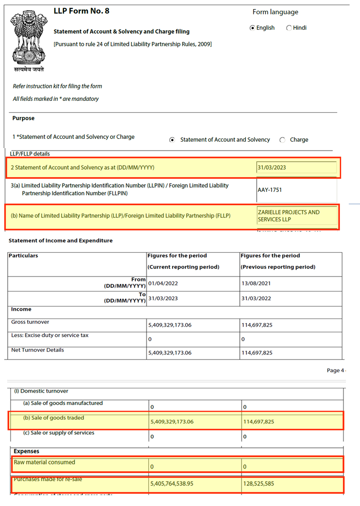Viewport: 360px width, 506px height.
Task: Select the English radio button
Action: click(x=252, y=28)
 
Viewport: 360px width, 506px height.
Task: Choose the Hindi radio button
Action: click(x=289, y=28)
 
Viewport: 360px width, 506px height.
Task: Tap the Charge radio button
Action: click(x=282, y=140)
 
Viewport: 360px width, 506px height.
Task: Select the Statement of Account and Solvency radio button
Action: click(x=172, y=140)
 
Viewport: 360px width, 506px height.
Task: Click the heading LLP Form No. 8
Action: click(x=81, y=11)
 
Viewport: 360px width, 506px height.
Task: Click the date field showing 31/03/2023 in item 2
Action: click(x=296, y=168)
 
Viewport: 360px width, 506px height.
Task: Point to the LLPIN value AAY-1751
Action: click(x=270, y=190)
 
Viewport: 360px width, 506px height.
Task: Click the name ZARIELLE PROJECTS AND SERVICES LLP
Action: click(x=289, y=216)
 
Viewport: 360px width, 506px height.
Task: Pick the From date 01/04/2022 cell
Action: click(x=163, y=283)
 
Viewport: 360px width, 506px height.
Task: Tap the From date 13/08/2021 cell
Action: click(x=256, y=283)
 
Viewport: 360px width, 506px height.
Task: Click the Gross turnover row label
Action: click(x=30, y=322)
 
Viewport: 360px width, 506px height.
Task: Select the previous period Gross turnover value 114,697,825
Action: click(x=257, y=325)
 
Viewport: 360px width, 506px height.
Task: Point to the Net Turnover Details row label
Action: click(x=38, y=350)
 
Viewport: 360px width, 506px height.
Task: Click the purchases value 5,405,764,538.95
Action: click(x=172, y=484)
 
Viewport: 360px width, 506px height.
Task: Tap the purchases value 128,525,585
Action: click(x=259, y=484)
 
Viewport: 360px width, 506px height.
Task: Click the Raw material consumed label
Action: click(x=44, y=462)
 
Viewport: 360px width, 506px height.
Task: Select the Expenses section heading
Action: click(x=26, y=451)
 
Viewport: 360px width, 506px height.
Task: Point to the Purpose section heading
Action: click(x=23, y=118)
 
